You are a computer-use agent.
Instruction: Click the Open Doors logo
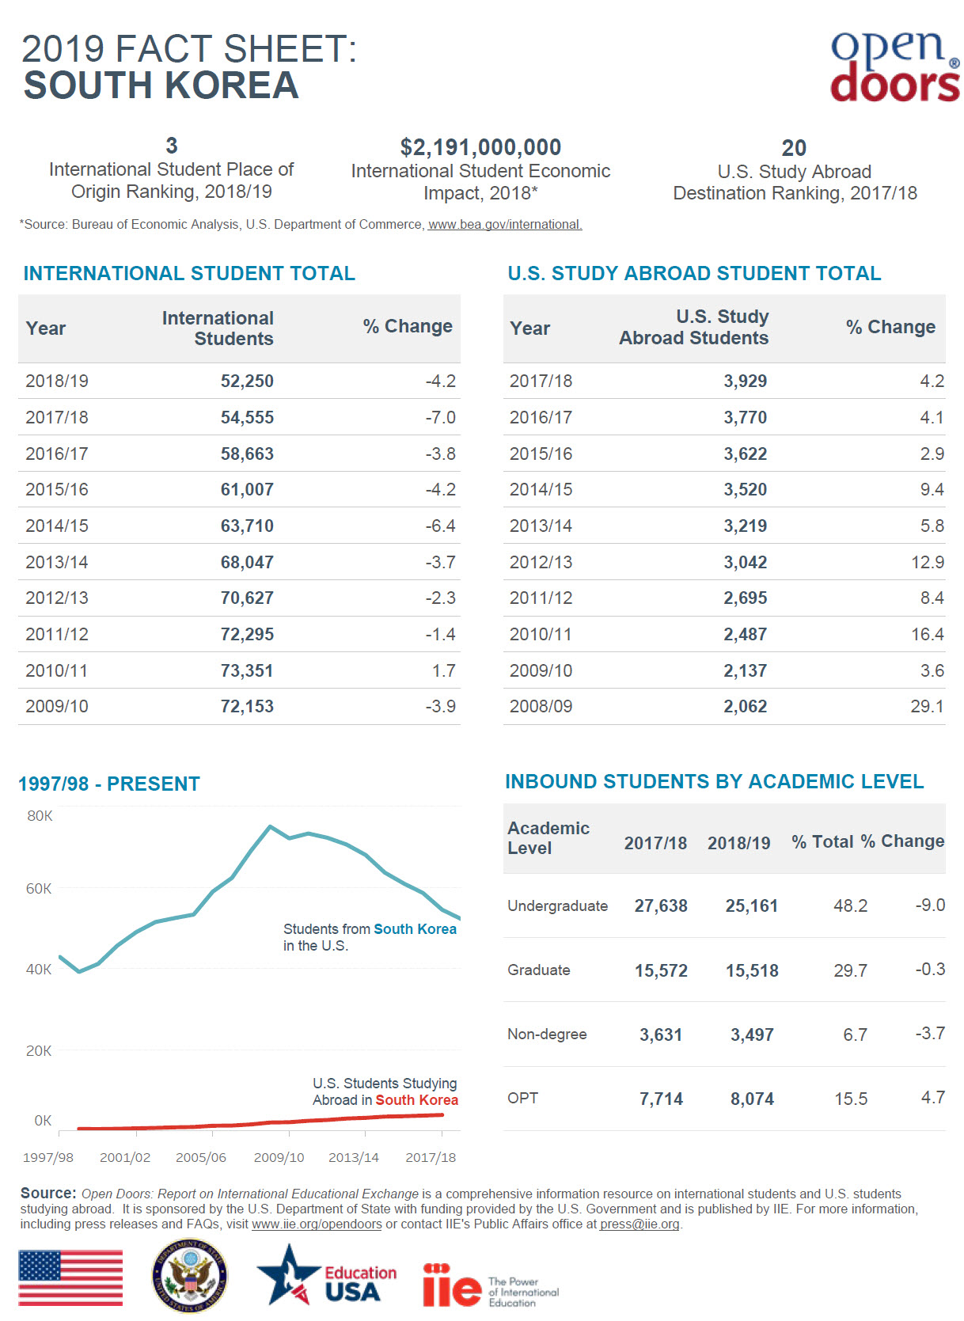pos(894,66)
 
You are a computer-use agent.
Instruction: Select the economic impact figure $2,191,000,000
pos(480,147)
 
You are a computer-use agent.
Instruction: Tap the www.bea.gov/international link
pos(505,225)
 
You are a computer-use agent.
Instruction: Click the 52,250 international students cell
pos(247,381)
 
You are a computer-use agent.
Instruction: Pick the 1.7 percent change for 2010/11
pos(443,670)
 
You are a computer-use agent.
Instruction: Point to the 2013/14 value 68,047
pos(247,562)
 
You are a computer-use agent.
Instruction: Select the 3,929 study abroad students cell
pos(745,381)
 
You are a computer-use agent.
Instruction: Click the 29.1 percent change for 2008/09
pos(927,706)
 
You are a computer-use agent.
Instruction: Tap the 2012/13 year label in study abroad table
pos(541,562)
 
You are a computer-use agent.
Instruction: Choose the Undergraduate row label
pos(557,905)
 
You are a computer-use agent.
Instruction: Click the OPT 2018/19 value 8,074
pos(752,1099)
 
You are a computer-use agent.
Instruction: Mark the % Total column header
pos(822,841)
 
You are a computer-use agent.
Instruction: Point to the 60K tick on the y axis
pos(39,888)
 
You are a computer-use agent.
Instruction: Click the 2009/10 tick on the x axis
pos(279,1157)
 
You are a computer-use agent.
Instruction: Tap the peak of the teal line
pos(270,826)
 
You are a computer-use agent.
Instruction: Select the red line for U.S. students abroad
pos(261,1123)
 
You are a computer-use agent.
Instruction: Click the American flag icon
pos(70,1277)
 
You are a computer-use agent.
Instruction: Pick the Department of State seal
pos(189,1276)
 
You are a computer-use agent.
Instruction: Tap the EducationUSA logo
pos(326,1275)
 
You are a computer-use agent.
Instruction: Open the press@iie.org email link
pos(640,1224)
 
